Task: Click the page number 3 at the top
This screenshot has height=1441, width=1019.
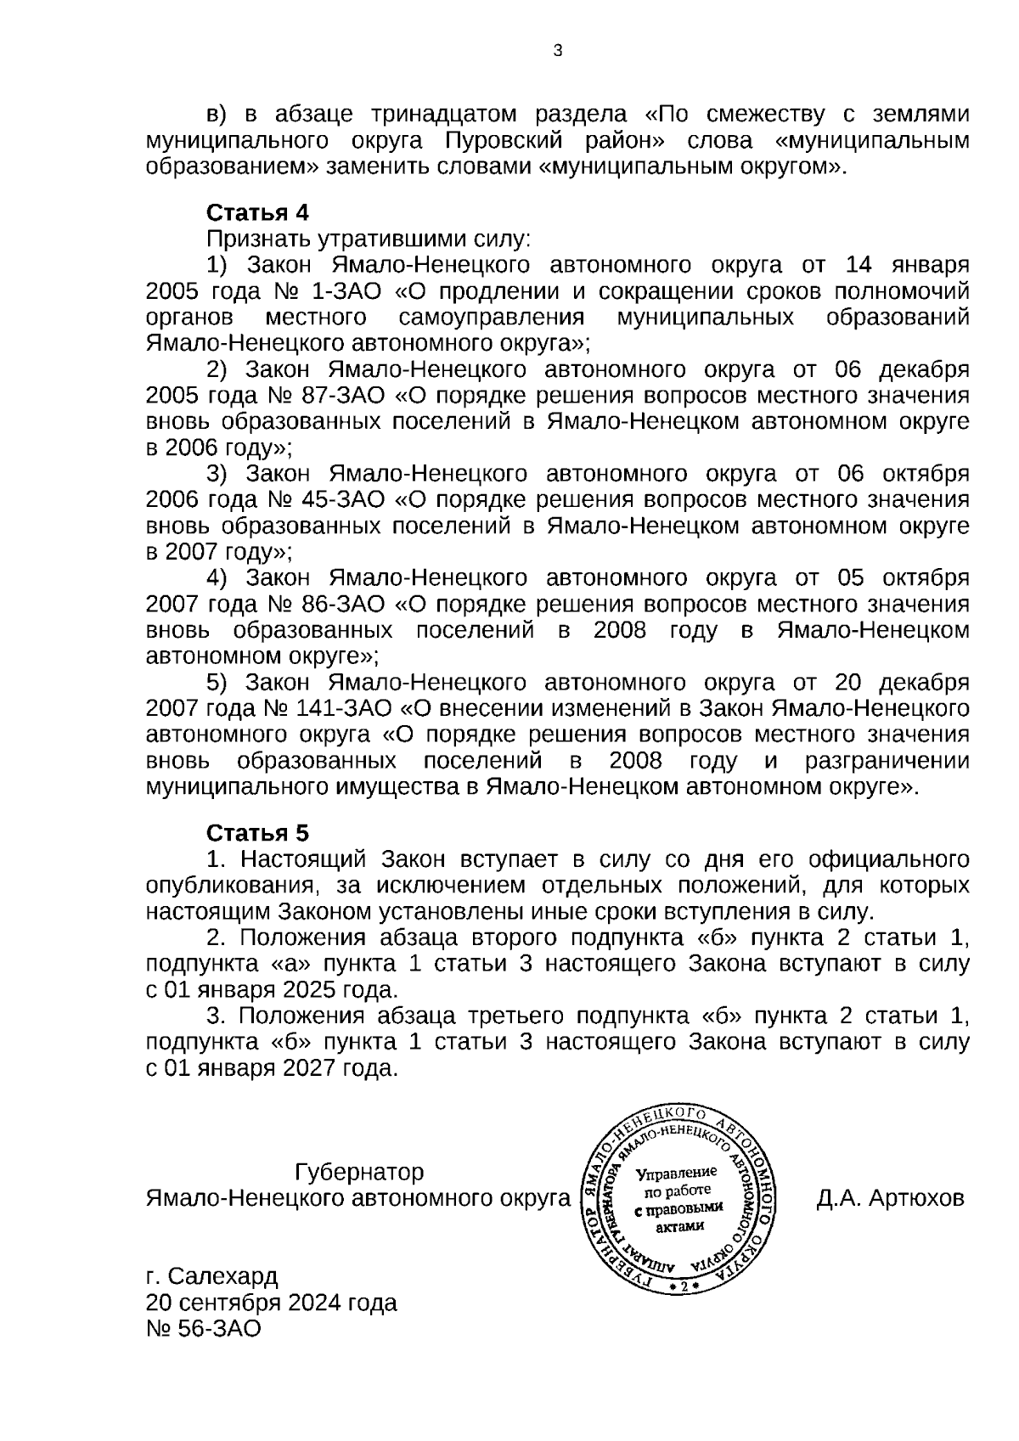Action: [557, 51]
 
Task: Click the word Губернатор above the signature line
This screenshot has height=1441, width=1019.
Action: [359, 1173]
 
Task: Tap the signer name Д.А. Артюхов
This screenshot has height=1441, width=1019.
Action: [890, 1199]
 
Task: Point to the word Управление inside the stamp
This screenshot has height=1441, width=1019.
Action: [677, 1174]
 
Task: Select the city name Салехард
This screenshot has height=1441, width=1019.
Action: [222, 1276]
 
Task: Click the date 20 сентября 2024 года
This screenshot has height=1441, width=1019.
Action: [272, 1303]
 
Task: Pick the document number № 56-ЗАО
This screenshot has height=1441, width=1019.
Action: [204, 1329]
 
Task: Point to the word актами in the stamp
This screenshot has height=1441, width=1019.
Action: [682, 1226]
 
